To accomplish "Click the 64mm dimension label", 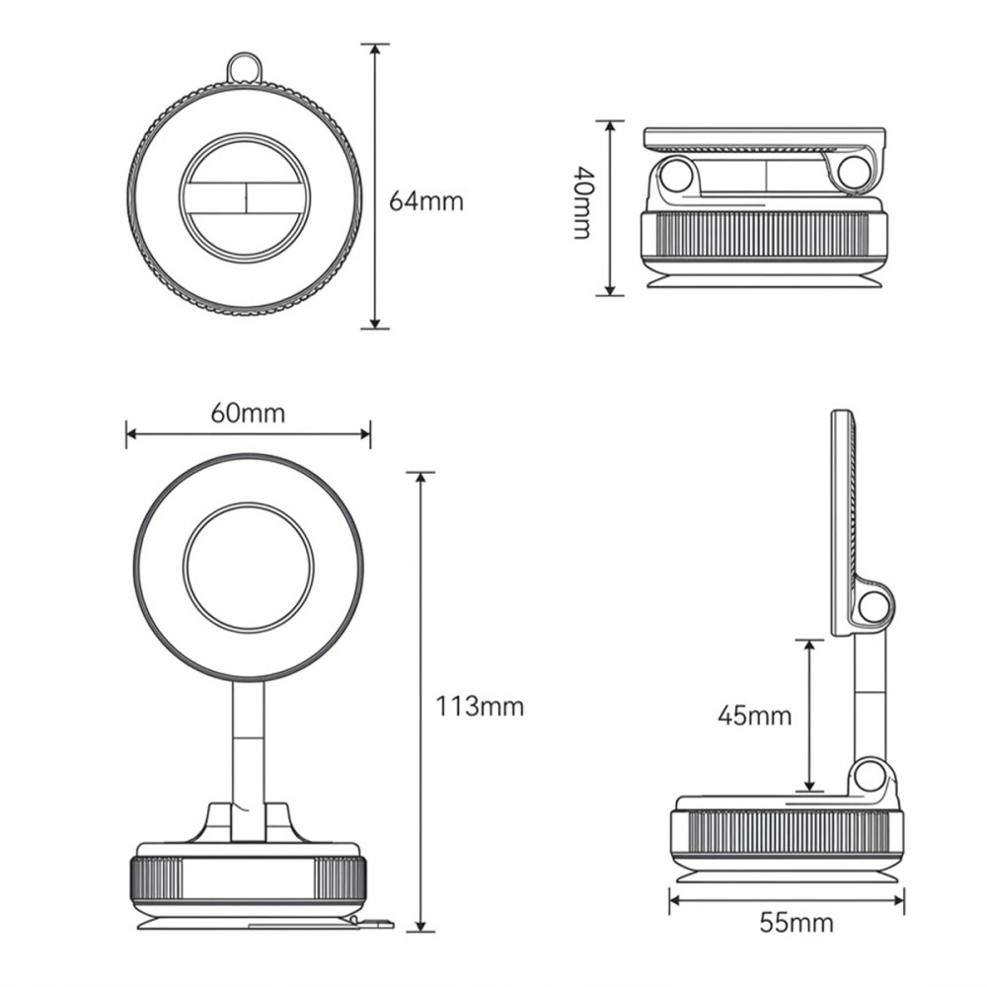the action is point(425,201).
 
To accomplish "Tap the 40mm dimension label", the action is point(583,202).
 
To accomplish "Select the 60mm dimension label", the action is point(248,414).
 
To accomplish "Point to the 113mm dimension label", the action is point(480,707).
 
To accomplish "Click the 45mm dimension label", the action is point(754,716).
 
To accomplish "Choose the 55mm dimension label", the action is point(797,923).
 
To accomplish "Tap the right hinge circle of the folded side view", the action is point(854,172).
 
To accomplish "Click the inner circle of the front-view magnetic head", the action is point(248,567).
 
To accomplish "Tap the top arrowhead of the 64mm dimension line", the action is point(375,50).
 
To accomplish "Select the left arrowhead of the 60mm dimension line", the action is point(133,433).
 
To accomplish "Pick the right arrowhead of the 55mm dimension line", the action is point(897,900).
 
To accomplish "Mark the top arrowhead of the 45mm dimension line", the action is point(810,647).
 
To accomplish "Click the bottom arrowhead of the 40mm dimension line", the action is point(609,288).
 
